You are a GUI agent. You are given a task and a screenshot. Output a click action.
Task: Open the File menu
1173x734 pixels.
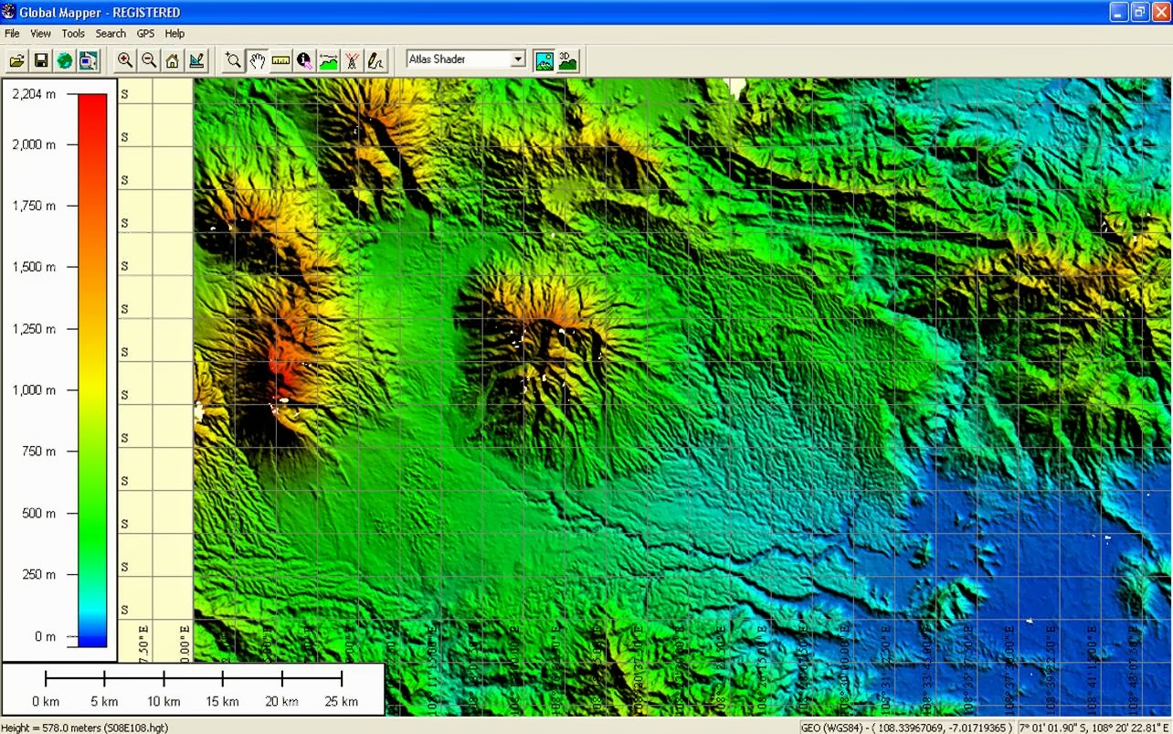12,34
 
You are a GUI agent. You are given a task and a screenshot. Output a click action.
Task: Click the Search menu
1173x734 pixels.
111,34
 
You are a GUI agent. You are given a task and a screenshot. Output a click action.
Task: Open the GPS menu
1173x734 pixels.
145,34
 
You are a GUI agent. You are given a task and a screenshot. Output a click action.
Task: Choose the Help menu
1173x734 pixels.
174,34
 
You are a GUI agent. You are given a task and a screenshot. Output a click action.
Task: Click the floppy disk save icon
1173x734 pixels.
41,61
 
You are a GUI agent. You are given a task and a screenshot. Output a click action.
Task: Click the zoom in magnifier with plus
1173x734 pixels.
125,61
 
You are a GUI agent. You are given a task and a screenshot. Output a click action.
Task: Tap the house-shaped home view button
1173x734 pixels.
173,61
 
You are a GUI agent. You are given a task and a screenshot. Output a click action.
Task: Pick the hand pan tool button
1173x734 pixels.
258,61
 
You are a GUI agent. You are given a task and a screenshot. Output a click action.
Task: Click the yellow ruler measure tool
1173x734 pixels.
280,61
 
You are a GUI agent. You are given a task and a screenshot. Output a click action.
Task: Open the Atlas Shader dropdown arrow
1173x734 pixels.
518,59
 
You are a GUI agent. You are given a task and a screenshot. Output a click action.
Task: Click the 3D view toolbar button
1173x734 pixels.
568,61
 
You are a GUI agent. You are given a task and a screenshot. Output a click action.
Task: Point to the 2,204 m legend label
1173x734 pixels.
34,94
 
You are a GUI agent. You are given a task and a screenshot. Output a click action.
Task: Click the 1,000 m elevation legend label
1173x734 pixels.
34,390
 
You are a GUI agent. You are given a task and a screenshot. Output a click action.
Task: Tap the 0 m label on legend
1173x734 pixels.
45,636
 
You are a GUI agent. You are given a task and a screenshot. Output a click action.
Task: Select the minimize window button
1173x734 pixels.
1119,12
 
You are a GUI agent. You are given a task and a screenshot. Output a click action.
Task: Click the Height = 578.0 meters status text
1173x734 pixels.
84,728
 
